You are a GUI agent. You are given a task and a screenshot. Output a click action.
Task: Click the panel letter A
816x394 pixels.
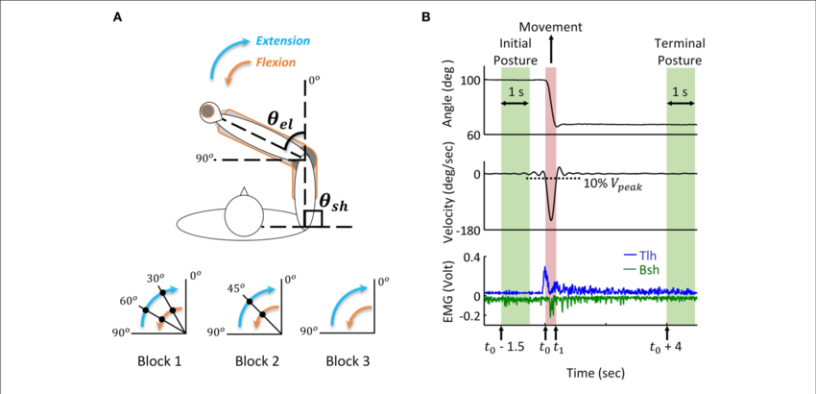point(117,17)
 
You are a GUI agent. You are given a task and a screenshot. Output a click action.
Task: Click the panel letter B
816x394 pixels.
point(425,17)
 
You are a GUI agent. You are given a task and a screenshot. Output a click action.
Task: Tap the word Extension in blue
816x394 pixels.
point(285,41)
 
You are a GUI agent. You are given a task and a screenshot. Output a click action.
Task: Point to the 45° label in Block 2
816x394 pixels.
point(234,286)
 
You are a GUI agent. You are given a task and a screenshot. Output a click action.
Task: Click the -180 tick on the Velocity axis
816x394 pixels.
point(466,230)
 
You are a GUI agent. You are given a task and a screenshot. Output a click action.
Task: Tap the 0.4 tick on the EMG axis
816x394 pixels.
point(468,258)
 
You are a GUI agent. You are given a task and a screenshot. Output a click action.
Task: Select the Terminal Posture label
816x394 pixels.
point(681,52)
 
